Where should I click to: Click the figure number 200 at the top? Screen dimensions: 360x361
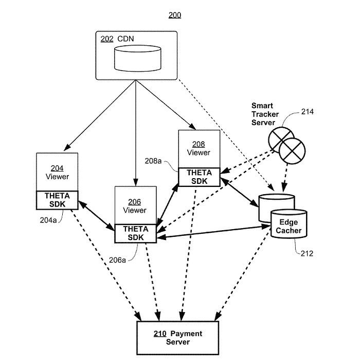click(x=175, y=15)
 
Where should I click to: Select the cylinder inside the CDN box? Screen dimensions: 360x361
click(x=138, y=58)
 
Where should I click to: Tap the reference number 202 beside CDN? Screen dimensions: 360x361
click(x=107, y=39)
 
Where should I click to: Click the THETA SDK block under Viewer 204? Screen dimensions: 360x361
click(x=57, y=200)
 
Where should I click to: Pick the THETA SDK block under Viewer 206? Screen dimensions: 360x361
click(x=136, y=233)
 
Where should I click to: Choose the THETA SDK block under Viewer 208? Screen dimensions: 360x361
click(x=200, y=177)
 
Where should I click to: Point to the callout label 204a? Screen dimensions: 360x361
click(x=48, y=220)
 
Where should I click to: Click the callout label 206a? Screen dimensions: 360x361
click(x=117, y=260)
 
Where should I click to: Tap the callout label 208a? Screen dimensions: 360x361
click(x=153, y=161)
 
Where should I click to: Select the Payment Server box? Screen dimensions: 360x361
click(x=178, y=338)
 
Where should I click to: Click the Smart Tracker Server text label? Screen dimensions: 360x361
click(x=265, y=114)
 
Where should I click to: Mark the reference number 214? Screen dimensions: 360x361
click(x=308, y=112)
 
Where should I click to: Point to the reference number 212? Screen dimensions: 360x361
click(x=307, y=253)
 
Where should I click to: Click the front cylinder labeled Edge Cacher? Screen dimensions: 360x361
click(x=289, y=224)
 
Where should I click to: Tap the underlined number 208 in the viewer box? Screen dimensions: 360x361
click(x=199, y=144)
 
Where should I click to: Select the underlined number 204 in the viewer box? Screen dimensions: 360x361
click(x=57, y=168)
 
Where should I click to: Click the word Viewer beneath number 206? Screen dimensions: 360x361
click(x=134, y=210)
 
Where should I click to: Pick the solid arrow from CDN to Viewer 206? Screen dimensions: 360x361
click(x=136, y=133)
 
